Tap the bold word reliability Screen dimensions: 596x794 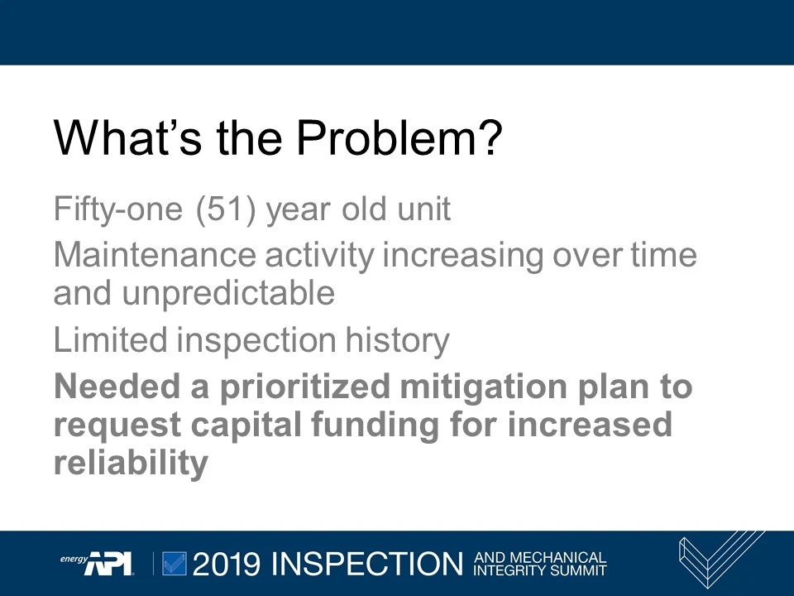tap(130, 463)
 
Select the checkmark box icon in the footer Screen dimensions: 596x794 tap(175, 563)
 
